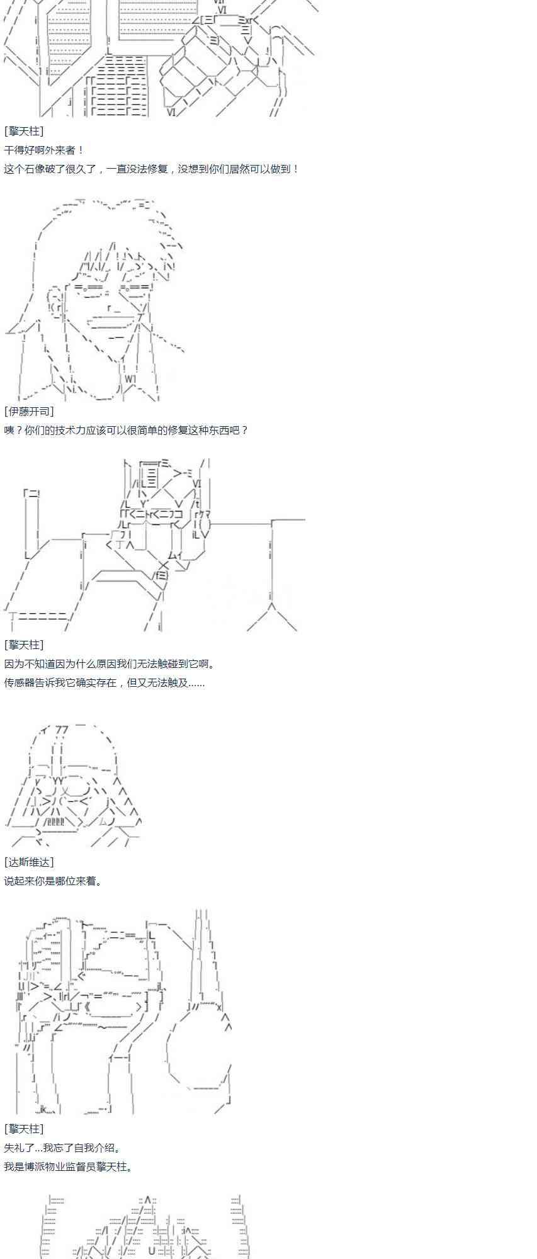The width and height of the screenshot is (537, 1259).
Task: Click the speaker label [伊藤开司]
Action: click(x=29, y=411)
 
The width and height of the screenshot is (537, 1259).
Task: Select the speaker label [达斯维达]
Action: click(x=29, y=862)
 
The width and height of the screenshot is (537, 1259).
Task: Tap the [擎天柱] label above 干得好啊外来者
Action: click(x=24, y=131)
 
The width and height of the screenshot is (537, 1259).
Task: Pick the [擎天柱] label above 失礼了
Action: click(x=24, y=1129)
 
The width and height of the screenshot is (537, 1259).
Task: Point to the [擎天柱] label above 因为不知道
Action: click(x=24, y=645)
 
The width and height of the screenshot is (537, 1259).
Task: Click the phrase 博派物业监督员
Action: click(x=60, y=1166)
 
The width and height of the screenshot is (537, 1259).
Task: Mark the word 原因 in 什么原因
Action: click(x=96, y=663)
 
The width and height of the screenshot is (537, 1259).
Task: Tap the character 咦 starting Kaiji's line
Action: click(x=9, y=430)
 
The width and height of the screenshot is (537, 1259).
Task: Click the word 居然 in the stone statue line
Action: click(x=239, y=169)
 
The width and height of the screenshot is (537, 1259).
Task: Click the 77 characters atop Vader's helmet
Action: click(x=62, y=730)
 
